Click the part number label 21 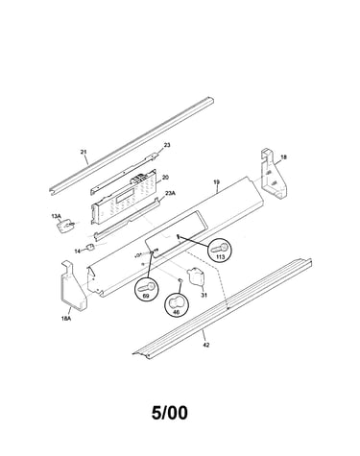click(84, 152)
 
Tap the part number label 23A click(170, 193)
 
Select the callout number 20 click(165, 178)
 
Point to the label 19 click(217, 182)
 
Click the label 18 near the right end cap click(283, 157)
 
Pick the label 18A click(65, 319)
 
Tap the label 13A click(56, 217)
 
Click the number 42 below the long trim click(206, 345)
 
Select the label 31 click(204, 295)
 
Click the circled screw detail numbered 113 click(220, 251)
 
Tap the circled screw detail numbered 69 click(147, 289)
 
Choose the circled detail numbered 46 click(177, 304)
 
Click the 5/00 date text click(170, 413)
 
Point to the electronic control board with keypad click(124, 198)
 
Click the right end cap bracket click(274, 173)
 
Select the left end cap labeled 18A click(73, 286)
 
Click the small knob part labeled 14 click(90, 247)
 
